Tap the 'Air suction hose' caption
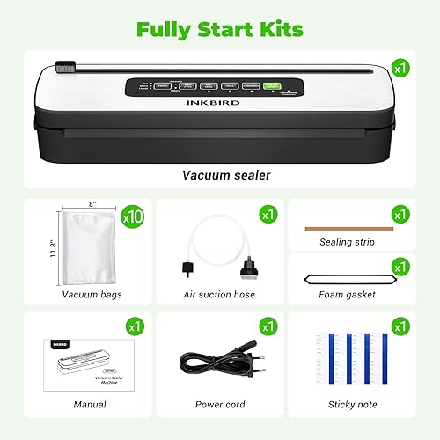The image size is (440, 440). (x=219, y=295)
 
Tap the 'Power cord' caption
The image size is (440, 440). (x=220, y=405)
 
